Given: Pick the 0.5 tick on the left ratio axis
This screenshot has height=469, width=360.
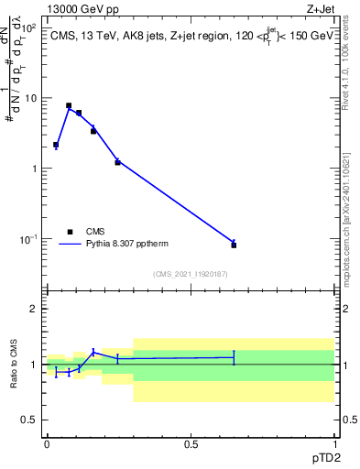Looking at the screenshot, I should [30, 420].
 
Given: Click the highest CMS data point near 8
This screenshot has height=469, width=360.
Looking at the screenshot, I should [69, 105].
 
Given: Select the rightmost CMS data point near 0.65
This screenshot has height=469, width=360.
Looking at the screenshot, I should [234, 245].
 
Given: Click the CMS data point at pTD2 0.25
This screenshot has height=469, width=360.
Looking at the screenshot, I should [117, 162].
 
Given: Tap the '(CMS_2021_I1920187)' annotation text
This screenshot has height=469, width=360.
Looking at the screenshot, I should [191, 273].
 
